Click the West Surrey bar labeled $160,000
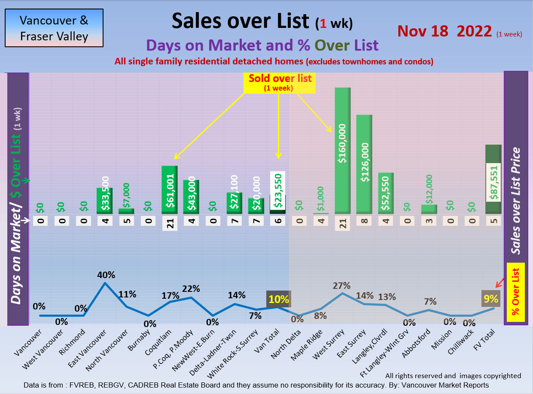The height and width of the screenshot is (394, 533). [342, 150]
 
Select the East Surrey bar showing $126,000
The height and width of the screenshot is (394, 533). [364, 164]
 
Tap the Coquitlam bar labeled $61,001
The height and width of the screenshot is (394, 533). [170, 190]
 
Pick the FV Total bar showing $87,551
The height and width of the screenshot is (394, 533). [493, 179]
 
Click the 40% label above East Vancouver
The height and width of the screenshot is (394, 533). [105, 275]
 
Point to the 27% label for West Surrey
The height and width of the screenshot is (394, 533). [342, 286]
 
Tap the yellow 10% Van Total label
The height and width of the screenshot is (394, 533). [278, 299]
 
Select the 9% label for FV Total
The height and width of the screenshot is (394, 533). [490, 299]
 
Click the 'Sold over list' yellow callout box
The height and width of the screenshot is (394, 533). [280, 82]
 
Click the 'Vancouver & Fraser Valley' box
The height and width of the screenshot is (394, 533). [54, 28]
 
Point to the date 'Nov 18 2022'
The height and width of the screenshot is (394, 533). [445, 31]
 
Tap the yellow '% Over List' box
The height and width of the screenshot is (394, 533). [516, 292]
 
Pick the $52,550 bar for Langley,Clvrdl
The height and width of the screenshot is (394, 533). [386, 193]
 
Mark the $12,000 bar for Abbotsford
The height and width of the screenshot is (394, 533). [429, 209]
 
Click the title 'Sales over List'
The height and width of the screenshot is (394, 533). [240, 21]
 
